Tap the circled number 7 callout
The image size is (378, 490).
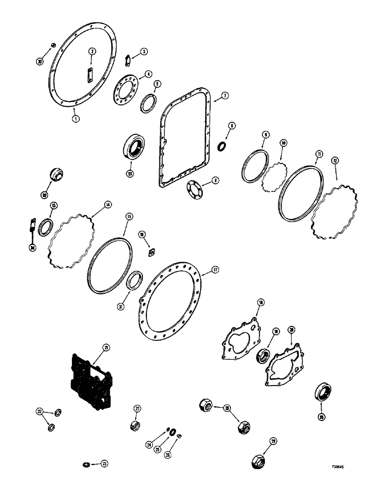224,96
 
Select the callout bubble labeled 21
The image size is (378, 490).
107,347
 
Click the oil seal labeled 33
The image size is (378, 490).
134,145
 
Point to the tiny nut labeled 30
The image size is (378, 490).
53,46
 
